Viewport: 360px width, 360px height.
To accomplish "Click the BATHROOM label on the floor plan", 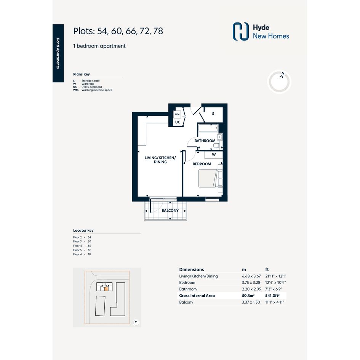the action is tap(205, 141).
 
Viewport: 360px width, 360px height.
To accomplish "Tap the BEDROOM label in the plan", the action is tap(202, 164).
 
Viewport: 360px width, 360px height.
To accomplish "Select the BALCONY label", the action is tap(170, 211).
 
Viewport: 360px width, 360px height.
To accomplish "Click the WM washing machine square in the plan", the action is tap(177, 114).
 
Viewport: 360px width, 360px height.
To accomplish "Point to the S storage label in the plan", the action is tap(213, 114).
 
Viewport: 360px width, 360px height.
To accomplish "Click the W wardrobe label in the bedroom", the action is tap(214, 155).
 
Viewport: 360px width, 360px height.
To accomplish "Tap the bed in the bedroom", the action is tap(208, 178).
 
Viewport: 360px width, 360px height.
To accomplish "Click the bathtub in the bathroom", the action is tap(208, 128).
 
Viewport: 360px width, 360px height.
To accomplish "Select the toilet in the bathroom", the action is tap(216, 145).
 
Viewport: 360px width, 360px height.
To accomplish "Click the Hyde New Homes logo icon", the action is tap(241, 32).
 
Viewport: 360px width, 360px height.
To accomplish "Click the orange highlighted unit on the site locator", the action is tap(106, 289).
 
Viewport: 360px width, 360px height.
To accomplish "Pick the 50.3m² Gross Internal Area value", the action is tap(248, 296).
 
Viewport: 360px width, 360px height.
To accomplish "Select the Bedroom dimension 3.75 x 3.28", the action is tap(251, 283).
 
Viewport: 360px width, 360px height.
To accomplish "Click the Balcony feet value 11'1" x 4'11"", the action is tap(275, 302).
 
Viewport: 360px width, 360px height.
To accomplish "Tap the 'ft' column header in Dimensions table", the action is tap(267, 270).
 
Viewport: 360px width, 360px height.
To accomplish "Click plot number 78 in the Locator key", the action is tap(89, 254).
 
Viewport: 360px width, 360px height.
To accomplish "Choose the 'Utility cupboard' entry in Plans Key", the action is tap(91, 87).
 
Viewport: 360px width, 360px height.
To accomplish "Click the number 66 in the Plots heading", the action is tap(131, 31).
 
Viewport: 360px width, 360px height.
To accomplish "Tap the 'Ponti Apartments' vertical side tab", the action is tap(58, 53).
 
